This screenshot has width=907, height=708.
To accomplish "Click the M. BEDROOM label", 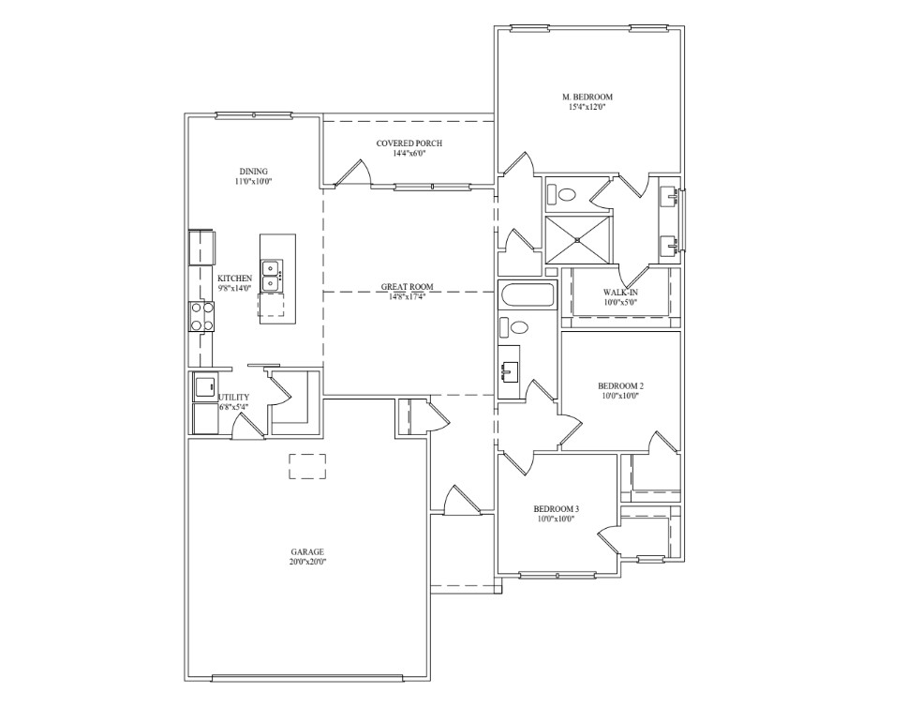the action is (x=587, y=98).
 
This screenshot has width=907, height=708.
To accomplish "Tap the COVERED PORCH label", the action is (x=409, y=143).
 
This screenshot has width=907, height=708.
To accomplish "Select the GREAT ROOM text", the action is (x=408, y=287).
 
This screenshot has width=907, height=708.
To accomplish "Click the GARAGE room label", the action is (x=307, y=552).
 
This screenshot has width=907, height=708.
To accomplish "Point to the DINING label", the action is (x=253, y=172).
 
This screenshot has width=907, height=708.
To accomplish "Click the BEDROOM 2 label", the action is (x=620, y=386).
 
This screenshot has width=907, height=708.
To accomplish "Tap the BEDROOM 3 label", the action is (x=556, y=509).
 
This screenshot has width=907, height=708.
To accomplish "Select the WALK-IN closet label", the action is (x=620, y=293).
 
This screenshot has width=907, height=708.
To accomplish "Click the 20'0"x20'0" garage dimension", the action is (x=307, y=562).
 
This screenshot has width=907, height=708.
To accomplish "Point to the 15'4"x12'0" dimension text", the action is (x=587, y=107).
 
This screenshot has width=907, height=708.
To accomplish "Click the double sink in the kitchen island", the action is (x=272, y=276).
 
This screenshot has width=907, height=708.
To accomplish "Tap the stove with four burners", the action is (x=201, y=317).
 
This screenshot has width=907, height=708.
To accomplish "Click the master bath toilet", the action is (x=561, y=193).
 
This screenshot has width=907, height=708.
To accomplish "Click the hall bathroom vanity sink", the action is (x=510, y=371).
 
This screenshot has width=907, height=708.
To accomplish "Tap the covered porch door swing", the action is (x=354, y=173).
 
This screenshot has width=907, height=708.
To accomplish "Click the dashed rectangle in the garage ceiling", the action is (x=307, y=467).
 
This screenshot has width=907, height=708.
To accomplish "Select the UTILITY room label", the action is (x=233, y=398).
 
